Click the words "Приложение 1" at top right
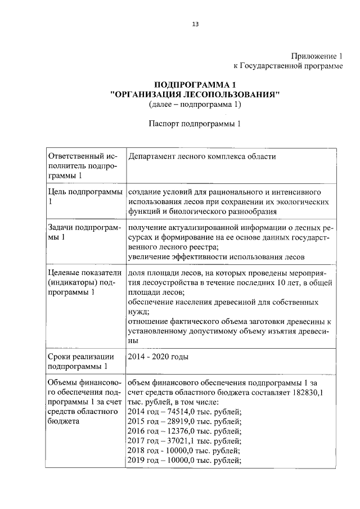tap(317, 56)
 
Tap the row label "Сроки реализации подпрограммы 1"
tap(82, 362)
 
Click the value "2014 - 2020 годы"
tap(157, 357)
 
